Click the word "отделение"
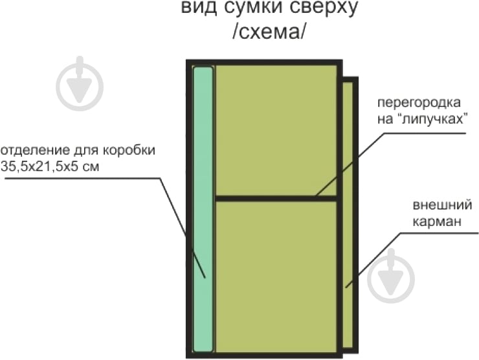(x=32, y=151)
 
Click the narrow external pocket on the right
(x=348, y=214)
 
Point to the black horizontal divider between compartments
(x=276, y=198)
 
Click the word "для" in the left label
(x=84, y=151)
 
